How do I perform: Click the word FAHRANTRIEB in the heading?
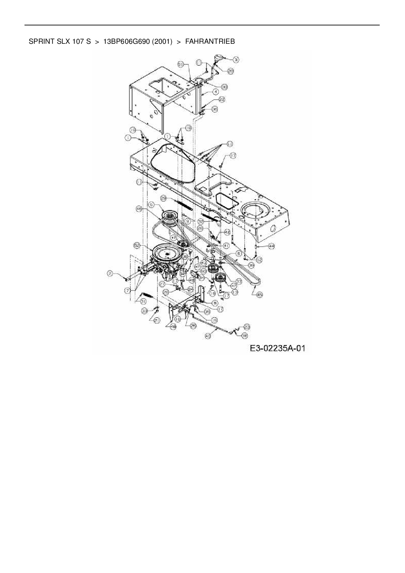tap(210, 41)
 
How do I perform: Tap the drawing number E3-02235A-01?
tap(277, 348)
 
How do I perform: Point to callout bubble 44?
tap(271, 246)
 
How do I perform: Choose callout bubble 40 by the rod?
tap(208, 335)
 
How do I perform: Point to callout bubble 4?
tap(216, 92)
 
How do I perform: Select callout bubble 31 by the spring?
tap(143, 302)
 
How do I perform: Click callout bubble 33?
tap(145, 312)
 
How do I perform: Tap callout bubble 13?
tap(235, 293)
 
